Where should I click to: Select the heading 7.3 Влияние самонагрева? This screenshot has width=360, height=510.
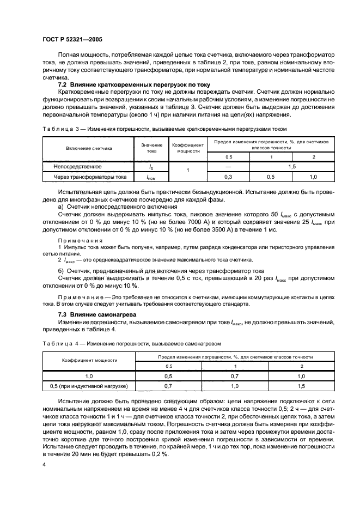pyautogui.click(x=97, y=315)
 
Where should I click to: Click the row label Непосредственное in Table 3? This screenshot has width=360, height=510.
pyautogui.click(x=77, y=166)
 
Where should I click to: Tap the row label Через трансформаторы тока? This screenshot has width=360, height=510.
pyautogui.click(x=89, y=177)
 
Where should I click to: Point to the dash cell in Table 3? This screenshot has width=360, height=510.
pyautogui.click(x=229, y=166)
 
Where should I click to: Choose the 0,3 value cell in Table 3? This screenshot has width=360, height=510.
pyautogui.click(x=229, y=177)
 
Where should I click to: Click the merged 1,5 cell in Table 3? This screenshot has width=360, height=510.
pyautogui.click(x=292, y=166)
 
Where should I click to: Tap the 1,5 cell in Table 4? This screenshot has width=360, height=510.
pyautogui.click(x=300, y=386)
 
